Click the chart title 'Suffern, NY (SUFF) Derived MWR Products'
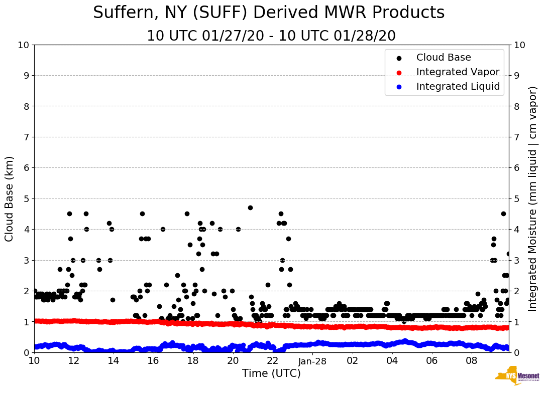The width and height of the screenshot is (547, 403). coord(269,13)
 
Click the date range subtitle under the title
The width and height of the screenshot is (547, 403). coord(271,36)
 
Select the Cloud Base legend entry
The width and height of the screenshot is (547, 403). coord(444,58)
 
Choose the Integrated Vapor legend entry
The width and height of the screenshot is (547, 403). coord(458,72)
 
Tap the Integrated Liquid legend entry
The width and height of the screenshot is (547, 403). coord(458,87)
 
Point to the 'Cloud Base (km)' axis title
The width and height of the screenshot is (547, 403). coord(10,198)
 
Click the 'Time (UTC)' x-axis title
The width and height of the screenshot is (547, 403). coord(271,373)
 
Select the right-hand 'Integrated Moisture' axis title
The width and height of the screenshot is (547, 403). coord(533,198)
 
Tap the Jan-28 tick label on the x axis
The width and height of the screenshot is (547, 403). coord(312,360)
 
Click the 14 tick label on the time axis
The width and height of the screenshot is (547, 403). coord(114,360)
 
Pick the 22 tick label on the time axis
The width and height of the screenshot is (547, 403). coord(273,360)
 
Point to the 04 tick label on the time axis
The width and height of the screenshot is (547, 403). coord(392,360)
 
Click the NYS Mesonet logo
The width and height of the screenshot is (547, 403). coord(517,377)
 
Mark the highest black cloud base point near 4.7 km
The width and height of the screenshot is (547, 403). coord(250,208)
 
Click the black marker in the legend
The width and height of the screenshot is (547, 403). coord(399,58)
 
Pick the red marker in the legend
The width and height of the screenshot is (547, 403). coord(399,73)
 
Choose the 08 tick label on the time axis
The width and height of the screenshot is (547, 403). coord(471,360)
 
